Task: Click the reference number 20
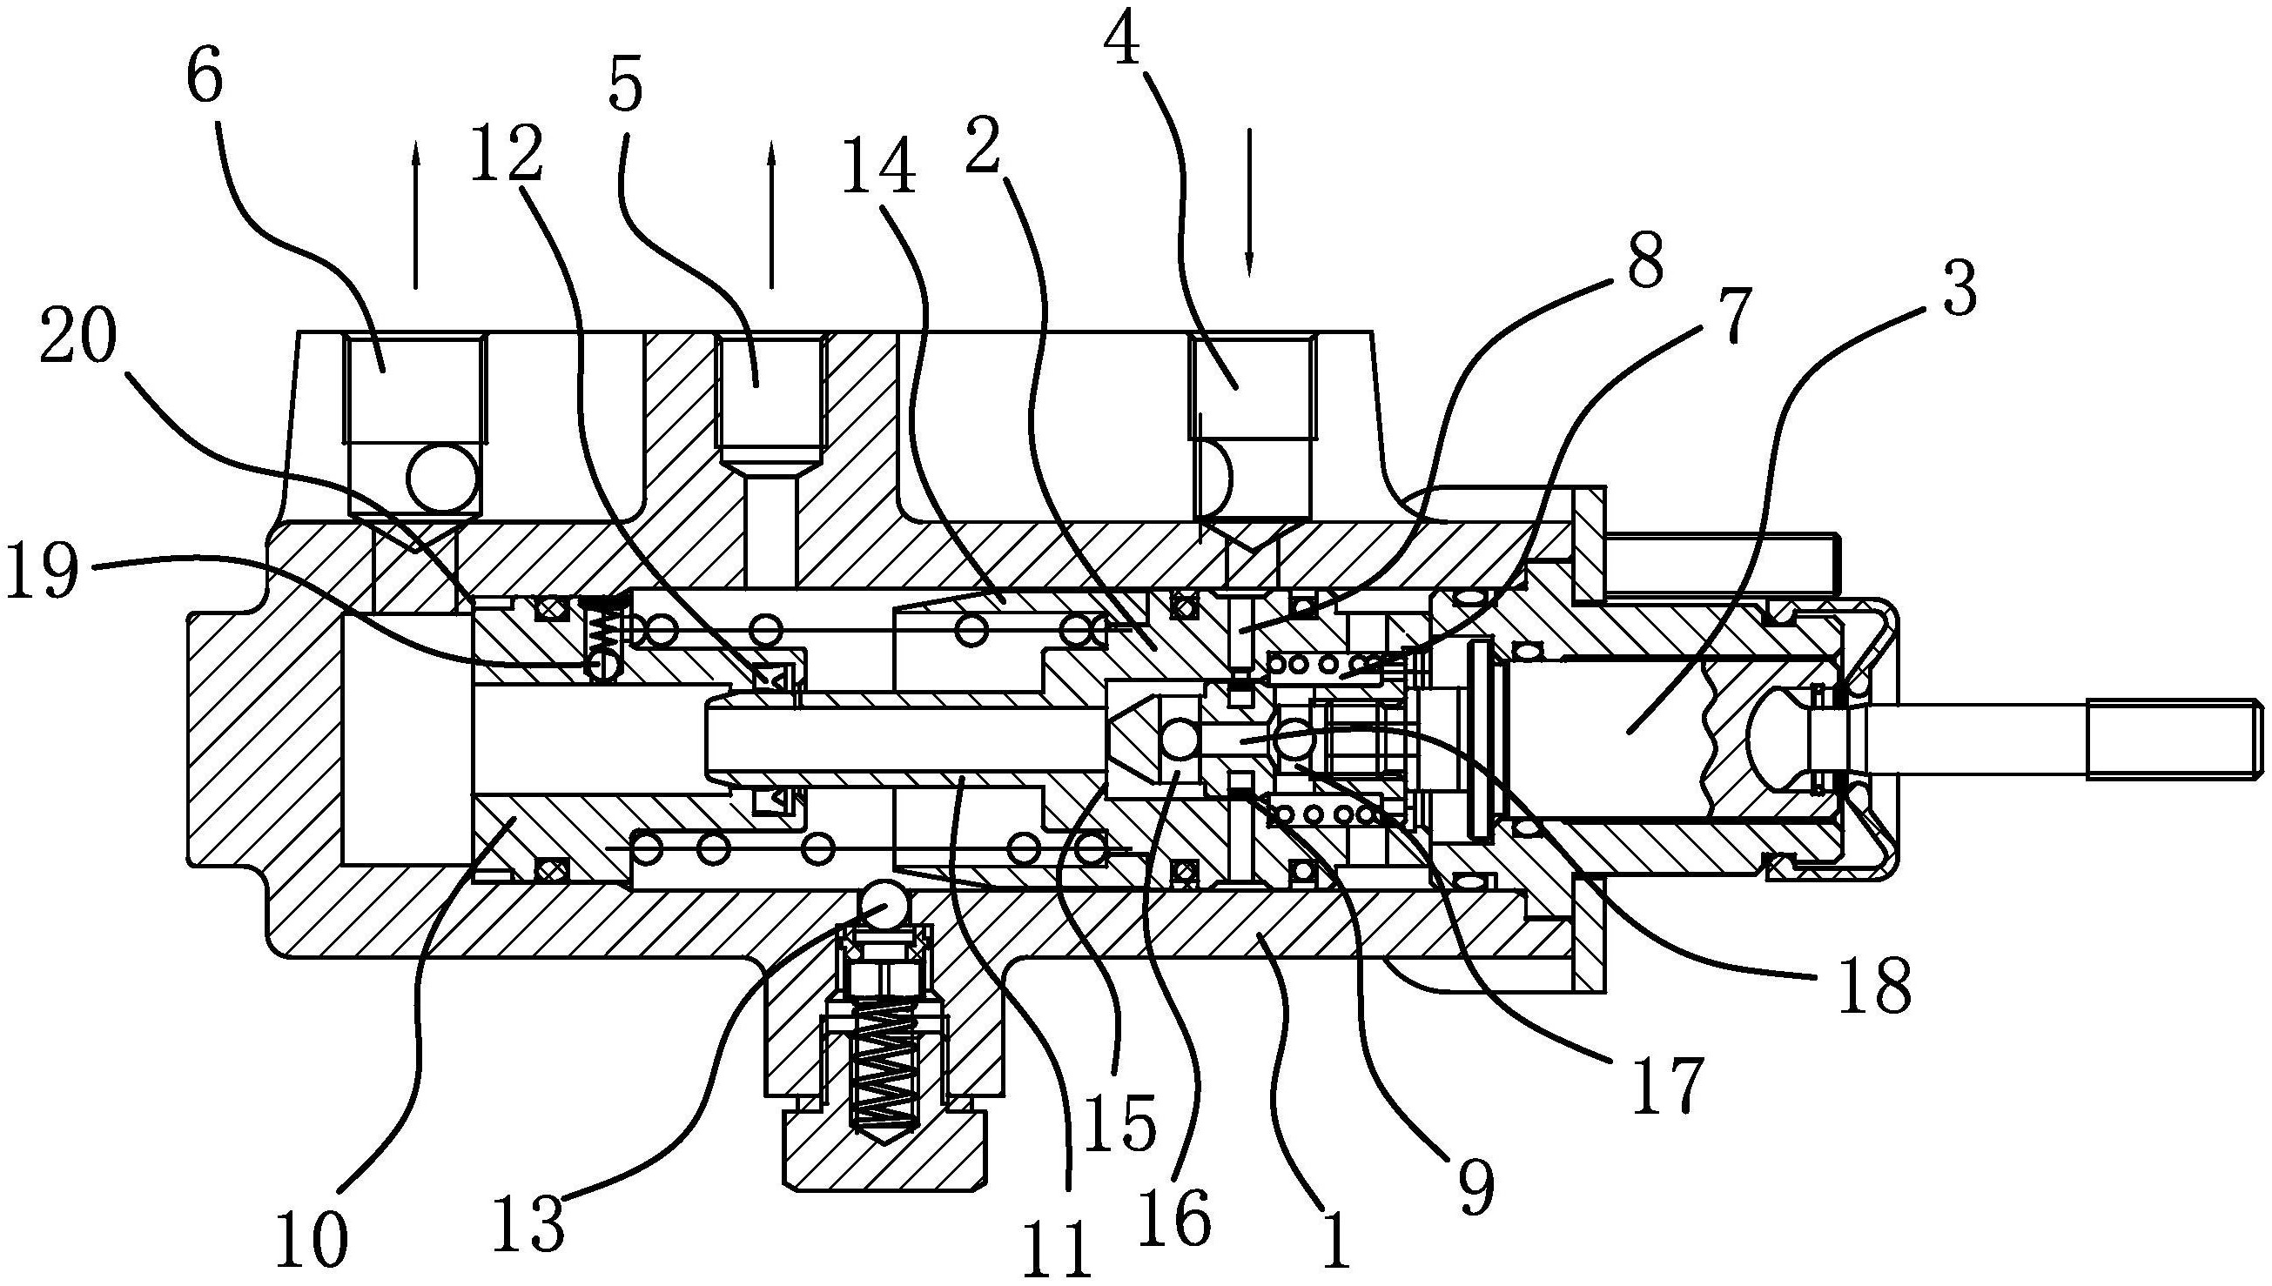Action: pyautogui.click(x=77, y=339)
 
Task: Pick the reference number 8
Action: pyautogui.click(x=1644, y=260)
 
